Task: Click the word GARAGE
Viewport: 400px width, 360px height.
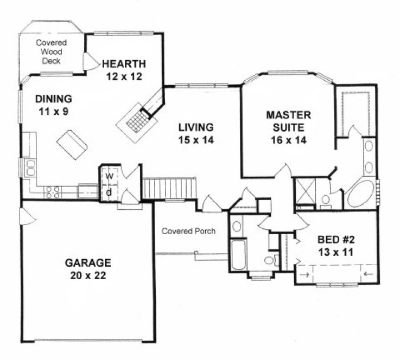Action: (88, 263)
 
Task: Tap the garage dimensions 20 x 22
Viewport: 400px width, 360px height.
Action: (88, 275)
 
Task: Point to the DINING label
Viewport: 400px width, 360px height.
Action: (53, 99)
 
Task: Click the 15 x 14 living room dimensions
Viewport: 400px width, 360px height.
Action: (196, 140)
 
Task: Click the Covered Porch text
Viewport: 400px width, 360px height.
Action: (188, 232)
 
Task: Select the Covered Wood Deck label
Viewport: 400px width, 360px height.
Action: (52, 52)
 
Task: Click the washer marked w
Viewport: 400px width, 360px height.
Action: (108, 176)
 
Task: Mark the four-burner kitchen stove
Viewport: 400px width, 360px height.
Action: (53, 190)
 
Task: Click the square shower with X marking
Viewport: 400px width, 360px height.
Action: (303, 191)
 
